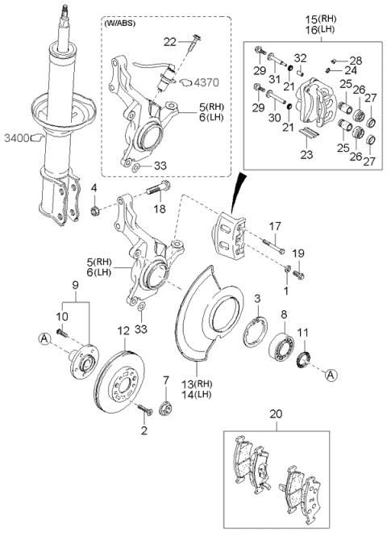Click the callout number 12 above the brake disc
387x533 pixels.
click(x=123, y=330)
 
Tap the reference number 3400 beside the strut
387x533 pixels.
click(x=17, y=138)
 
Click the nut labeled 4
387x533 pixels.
click(x=94, y=211)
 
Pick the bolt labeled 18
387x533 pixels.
click(x=158, y=188)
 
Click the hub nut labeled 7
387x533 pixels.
click(x=166, y=406)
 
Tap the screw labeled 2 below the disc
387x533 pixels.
click(x=145, y=408)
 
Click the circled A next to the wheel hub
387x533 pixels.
click(x=44, y=339)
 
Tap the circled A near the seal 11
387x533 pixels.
click(x=331, y=376)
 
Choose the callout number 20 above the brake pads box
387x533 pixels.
click(x=277, y=414)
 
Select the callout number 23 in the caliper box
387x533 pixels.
click(x=306, y=154)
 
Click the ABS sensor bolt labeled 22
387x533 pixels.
click(x=193, y=43)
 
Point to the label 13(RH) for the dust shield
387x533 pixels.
click(x=196, y=384)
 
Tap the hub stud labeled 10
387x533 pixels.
click(x=62, y=333)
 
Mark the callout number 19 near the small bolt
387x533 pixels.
click(x=298, y=254)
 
